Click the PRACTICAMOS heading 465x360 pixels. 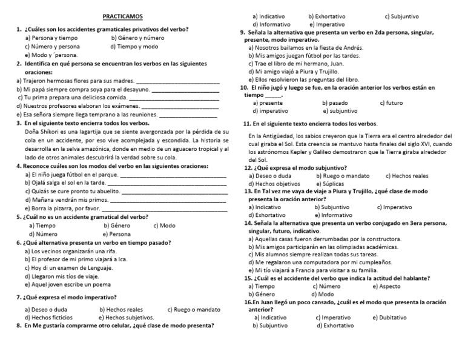coord(119,19)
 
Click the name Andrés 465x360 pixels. coord(354,47)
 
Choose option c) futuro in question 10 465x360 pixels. coord(391,103)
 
